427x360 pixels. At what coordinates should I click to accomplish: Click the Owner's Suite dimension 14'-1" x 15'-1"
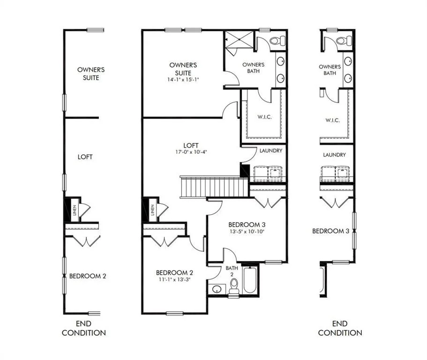[x=183, y=80]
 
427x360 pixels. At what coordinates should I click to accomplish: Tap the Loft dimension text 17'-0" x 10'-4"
[x=191, y=152]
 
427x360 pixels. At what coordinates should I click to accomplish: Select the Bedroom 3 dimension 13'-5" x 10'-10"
[x=247, y=232]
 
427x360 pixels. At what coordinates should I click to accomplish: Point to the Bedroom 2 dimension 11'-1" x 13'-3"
[x=174, y=279]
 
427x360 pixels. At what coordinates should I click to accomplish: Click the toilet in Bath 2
[x=234, y=286]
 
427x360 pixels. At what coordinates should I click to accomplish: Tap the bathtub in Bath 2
[x=249, y=281]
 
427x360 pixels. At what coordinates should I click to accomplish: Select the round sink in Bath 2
[x=217, y=289]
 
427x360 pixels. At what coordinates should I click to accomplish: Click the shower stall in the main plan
[x=239, y=39]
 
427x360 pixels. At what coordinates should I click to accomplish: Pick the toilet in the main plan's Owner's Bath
[x=277, y=41]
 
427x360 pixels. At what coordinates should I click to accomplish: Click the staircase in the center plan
[x=214, y=187]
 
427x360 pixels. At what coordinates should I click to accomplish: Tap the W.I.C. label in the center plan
[x=264, y=117]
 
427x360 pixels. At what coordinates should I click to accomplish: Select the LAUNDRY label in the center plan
[x=271, y=150]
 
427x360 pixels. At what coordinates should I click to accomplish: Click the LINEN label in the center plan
[x=152, y=210]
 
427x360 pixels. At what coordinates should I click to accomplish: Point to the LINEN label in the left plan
[x=75, y=210]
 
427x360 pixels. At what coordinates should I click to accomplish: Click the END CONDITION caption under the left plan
[x=83, y=328]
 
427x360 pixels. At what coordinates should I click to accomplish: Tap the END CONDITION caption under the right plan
[x=340, y=328]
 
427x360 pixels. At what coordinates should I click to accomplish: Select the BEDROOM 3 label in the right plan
[x=330, y=231]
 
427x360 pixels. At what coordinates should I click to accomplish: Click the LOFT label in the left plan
[x=85, y=157]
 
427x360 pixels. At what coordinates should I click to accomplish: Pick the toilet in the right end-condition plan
[x=344, y=41]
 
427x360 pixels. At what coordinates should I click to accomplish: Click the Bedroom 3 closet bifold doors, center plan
[x=268, y=203]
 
